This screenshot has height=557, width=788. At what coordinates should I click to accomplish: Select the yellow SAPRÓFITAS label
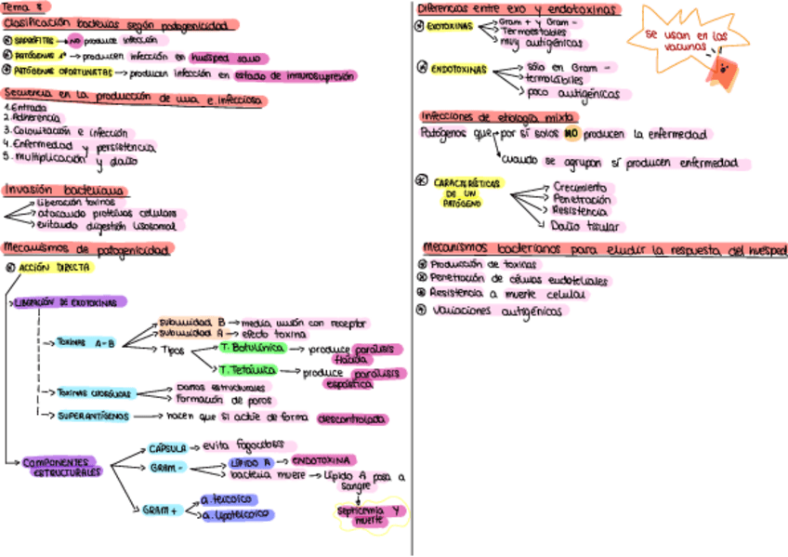33,41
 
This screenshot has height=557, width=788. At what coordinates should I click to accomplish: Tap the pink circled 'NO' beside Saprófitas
73,41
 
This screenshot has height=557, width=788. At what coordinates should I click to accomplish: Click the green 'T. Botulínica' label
248,348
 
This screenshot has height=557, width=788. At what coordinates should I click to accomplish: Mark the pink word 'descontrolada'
352,419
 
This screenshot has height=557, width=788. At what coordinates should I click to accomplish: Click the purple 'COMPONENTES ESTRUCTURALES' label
61,467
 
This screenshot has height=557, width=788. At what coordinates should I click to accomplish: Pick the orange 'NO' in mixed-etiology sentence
572,134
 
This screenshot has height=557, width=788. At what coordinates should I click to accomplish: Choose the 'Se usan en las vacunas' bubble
676,38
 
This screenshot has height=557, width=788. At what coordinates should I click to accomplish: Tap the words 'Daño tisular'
585,225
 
